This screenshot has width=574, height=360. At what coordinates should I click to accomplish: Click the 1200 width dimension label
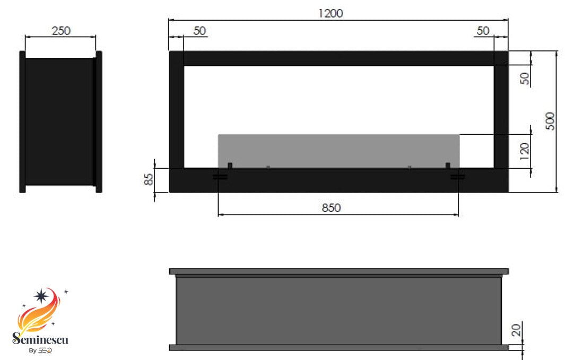(x=331, y=13)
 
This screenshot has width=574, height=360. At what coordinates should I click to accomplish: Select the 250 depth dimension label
(x=61, y=31)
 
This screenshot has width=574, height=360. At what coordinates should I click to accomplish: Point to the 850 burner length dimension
(x=331, y=208)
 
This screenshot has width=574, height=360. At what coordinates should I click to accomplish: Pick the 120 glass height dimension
(x=525, y=151)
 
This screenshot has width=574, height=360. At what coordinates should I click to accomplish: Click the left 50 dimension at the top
(x=199, y=31)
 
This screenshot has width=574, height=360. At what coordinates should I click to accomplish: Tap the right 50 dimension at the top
(x=483, y=31)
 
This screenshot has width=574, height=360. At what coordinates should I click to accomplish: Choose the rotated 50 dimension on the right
(x=525, y=79)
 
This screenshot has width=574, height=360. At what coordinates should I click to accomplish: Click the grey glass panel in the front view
(x=338, y=150)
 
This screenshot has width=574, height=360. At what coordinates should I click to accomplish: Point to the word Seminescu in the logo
(x=40, y=339)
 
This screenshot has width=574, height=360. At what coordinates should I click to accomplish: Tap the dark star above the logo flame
(x=41, y=295)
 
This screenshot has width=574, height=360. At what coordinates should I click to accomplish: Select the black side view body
(x=59, y=121)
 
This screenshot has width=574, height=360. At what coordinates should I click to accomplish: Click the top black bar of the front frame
(x=338, y=58)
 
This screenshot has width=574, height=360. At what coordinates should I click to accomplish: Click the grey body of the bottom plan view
(x=338, y=311)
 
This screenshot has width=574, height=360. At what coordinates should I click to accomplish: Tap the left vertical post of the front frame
(x=176, y=117)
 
